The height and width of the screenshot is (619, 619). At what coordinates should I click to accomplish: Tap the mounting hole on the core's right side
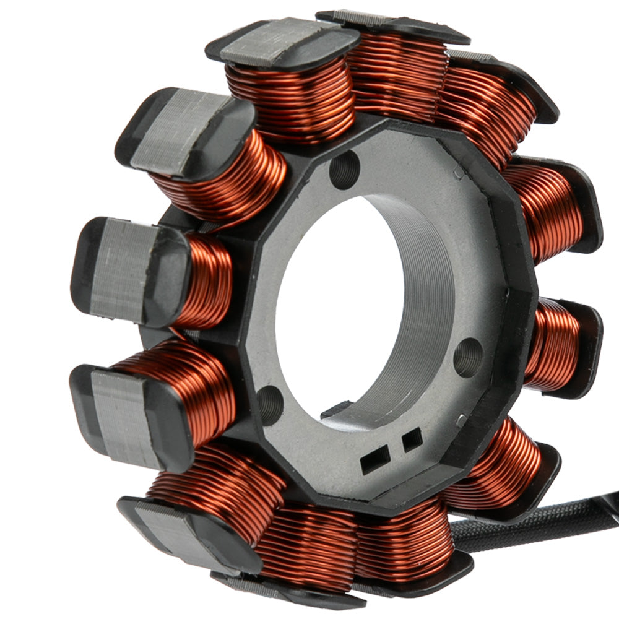pyautogui.click(x=468, y=357)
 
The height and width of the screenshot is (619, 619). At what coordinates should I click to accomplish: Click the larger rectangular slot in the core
pyautogui.click(x=375, y=459)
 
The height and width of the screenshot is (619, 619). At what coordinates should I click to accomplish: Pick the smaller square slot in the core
pyautogui.click(x=412, y=440)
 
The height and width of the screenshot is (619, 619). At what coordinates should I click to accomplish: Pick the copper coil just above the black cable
pyautogui.click(x=495, y=464)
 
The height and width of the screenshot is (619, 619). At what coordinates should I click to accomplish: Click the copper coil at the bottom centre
pyautogui.click(x=309, y=545)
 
